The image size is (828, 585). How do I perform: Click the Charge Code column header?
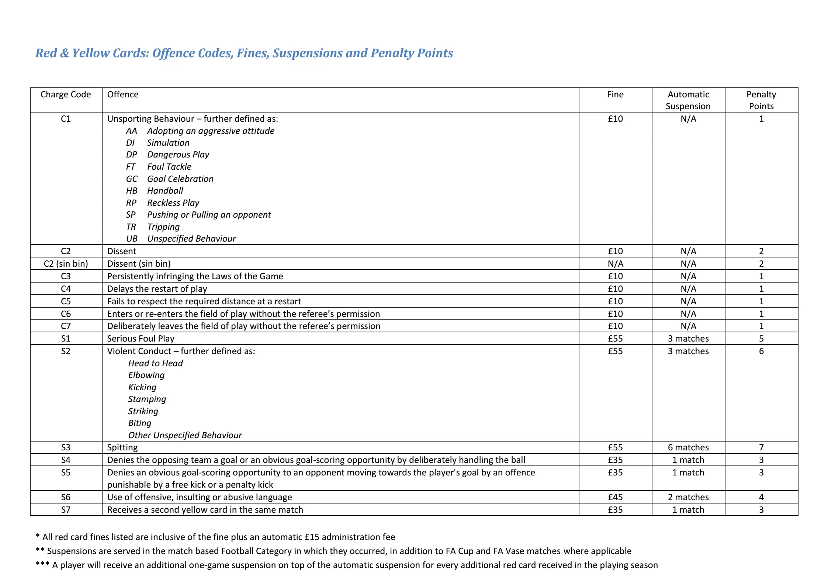click(66, 94)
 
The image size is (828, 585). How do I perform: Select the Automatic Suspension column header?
click(688, 100)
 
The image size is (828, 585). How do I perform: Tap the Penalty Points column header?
click(761, 100)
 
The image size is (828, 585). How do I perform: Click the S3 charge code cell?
click(66, 447)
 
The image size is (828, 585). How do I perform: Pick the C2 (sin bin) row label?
click(66, 264)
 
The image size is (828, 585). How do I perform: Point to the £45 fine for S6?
click(615, 497)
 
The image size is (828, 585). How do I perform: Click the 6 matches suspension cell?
click(688, 447)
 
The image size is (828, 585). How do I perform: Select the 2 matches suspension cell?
click(688, 497)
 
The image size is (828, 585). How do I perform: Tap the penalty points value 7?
click(761, 447)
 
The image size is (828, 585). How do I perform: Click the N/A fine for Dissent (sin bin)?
click(615, 264)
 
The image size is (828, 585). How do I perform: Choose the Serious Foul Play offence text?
click(141, 339)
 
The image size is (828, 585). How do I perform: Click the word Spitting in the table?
click(122, 447)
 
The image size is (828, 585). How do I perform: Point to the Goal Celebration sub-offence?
click(180, 179)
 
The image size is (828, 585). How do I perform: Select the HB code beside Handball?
click(132, 191)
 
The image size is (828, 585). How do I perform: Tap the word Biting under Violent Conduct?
click(140, 423)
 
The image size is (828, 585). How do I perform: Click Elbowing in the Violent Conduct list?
click(146, 375)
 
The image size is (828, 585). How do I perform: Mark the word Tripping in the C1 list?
click(163, 227)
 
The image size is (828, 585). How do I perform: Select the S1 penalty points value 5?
click(761, 339)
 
